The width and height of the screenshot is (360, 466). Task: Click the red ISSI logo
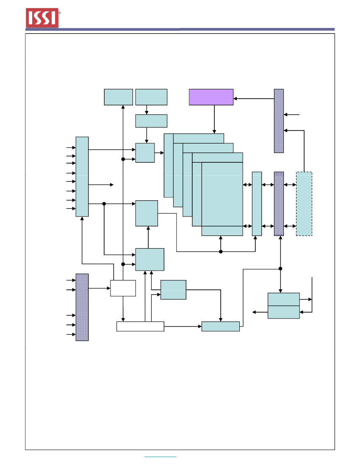(x=42, y=18)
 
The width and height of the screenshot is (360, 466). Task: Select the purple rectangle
(x=211, y=97)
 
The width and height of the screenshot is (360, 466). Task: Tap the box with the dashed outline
(x=304, y=204)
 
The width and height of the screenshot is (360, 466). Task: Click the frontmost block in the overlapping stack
(x=222, y=199)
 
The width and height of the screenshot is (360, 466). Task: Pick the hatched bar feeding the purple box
(x=279, y=121)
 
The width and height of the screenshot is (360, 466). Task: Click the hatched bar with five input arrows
(x=82, y=307)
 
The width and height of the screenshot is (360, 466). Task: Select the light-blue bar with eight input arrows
(x=82, y=177)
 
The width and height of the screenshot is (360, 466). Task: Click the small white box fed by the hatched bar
(x=123, y=288)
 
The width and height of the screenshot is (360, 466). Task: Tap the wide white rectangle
(x=140, y=326)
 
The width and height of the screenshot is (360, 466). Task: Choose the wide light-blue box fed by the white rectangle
(x=221, y=326)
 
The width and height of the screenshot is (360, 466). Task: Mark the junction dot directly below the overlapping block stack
(x=221, y=252)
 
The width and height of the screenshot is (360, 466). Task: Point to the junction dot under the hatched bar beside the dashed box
(x=280, y=269)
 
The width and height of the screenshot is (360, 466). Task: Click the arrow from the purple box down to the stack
(x=214, y=119)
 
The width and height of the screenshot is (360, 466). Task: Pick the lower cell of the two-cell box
(x=284, y=312)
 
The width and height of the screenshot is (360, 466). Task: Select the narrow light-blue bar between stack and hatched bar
(x=257, y=204)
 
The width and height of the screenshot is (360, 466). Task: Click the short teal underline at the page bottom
(x=161, y=457)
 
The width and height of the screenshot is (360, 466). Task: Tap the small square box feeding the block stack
(x=145, y=153)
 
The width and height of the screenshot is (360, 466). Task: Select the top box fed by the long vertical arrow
(x=119, y=97)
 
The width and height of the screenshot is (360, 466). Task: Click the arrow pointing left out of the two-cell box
(x=260, y=312)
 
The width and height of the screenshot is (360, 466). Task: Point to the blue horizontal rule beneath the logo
(x=180, y=29)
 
